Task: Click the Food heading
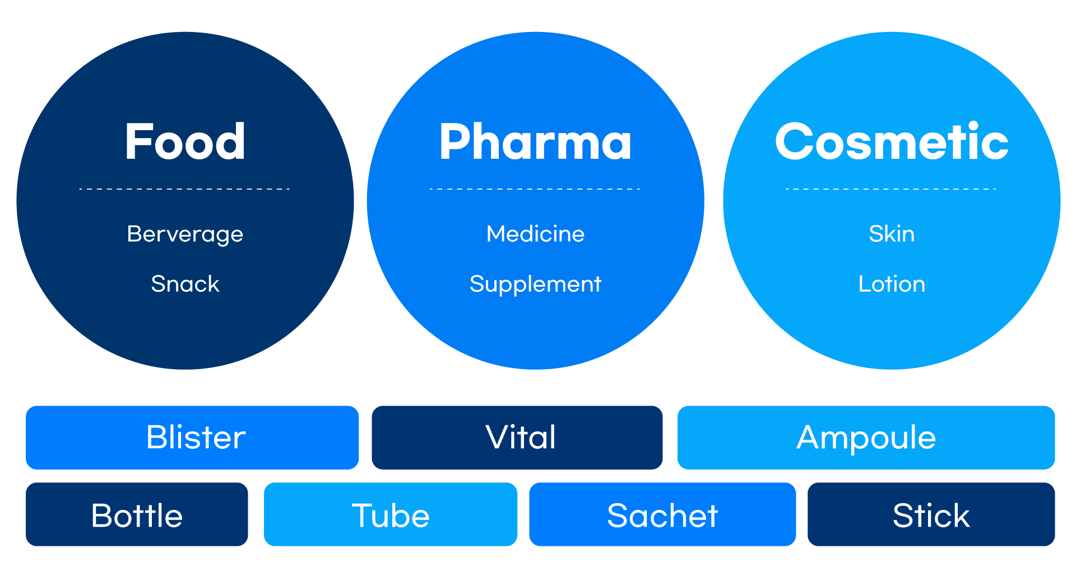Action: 185,142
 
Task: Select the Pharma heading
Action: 535,142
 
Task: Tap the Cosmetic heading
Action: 891,142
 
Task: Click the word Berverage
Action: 185,234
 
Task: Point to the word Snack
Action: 185,284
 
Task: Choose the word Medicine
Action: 535,234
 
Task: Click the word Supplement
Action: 535,284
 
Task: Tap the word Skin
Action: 892,234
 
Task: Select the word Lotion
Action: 892,284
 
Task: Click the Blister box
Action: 192,438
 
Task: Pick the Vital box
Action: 517,438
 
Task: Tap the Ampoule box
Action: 866,438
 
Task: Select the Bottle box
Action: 137,514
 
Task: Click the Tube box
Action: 391,514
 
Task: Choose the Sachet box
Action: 662,514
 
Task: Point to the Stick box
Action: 931,514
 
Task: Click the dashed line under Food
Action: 185,189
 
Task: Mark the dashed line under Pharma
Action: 535,189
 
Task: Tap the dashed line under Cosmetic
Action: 891,189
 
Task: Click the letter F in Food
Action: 136,142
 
